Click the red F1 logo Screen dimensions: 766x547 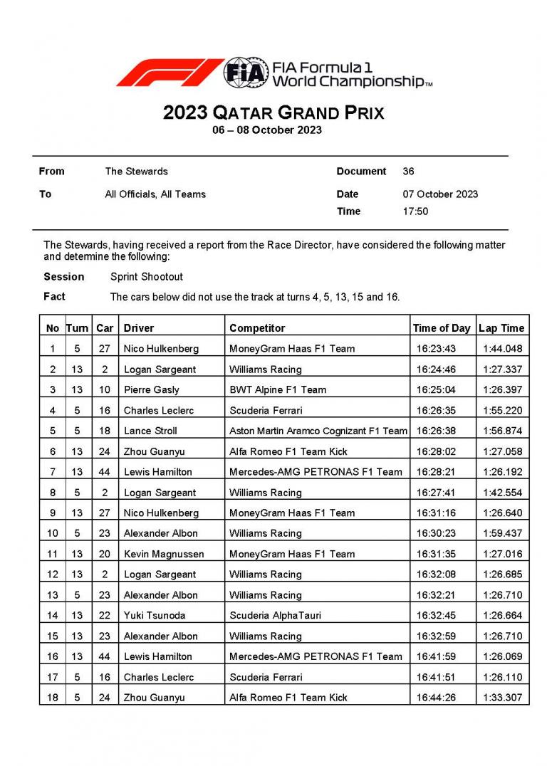coord(170,72)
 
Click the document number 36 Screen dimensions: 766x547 coord(408,172)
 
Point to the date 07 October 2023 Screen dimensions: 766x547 coord(440,194)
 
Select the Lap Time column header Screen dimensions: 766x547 coord(501,328)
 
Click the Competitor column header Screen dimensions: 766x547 coord(257,328)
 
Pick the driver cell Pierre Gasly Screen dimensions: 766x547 coord(152,390)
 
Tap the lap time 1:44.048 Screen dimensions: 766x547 coord(502,349)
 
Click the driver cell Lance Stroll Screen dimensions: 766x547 coord(150,431)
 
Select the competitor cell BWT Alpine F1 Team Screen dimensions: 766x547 coord(278,390)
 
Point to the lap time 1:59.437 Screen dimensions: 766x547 coord(502,533)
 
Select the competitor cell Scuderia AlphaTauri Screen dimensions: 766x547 coord(276,616)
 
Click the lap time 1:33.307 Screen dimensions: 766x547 coord(502,698)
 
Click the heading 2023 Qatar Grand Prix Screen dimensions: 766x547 coord(273,113)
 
